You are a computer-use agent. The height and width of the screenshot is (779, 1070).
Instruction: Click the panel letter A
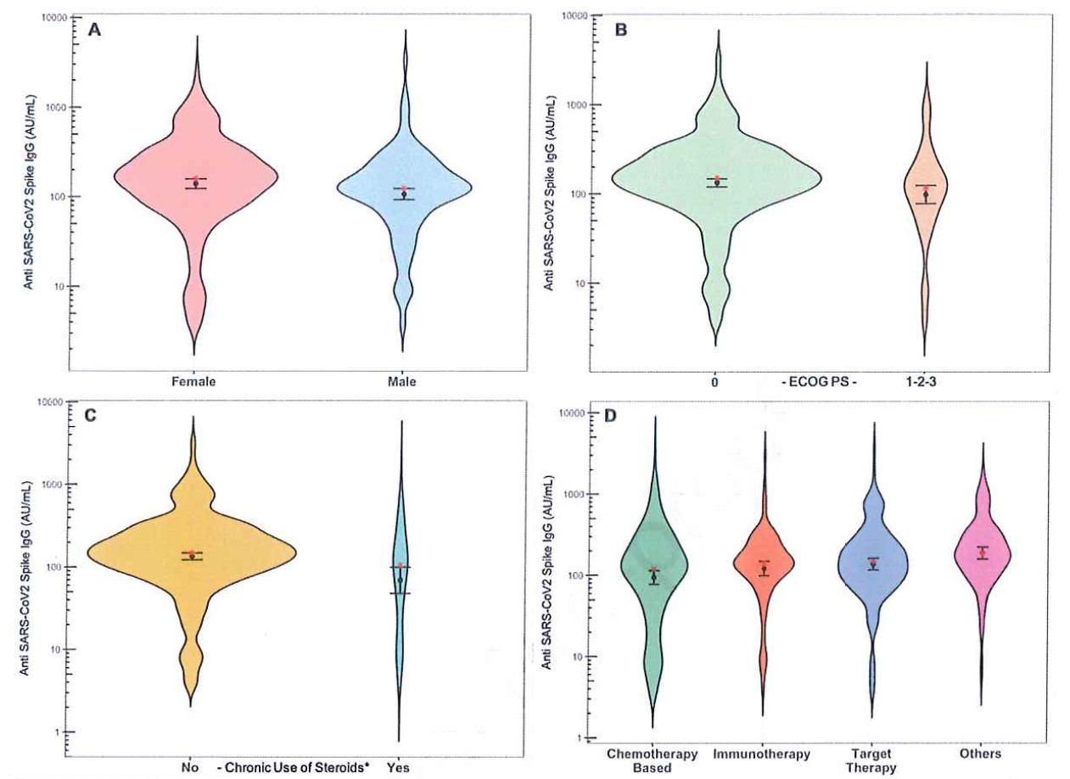[x=96, y=30]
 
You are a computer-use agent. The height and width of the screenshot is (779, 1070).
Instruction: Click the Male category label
[x=401, y=381]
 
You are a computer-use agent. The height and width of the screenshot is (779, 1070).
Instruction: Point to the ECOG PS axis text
[x=819, y=382]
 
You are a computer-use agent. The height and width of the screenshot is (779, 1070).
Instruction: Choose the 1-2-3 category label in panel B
[x=928, y=382]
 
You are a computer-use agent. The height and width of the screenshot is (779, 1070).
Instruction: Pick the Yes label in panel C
[x=399, y=767]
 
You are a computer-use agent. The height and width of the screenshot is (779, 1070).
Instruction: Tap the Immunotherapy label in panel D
[x=761, y=754]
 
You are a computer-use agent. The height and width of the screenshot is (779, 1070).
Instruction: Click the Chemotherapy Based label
[x=652, y=760]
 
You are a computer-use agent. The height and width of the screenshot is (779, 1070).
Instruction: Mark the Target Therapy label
[x=872, y=760]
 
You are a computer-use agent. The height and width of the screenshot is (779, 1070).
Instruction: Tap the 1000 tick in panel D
[x=577, y=494]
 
